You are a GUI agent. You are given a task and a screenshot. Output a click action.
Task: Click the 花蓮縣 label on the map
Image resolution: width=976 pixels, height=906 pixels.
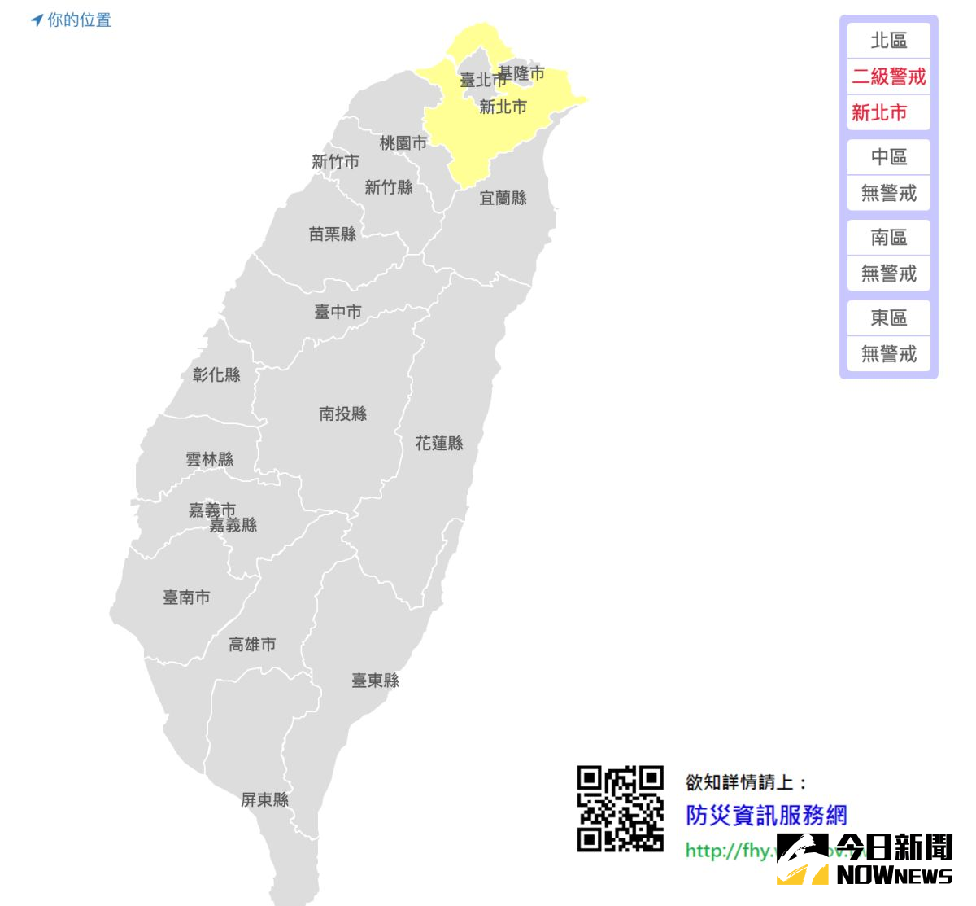tap(439, 444)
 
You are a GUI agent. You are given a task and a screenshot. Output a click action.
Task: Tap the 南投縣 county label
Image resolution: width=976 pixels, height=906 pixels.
tap(343, 414)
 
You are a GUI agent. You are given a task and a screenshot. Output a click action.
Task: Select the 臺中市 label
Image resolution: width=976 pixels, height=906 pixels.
tap(338, 312)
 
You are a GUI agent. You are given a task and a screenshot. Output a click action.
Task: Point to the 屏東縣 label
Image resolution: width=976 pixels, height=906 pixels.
tap(265, 800)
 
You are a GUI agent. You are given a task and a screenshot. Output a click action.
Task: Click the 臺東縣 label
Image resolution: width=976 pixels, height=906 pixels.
tap(376, 681)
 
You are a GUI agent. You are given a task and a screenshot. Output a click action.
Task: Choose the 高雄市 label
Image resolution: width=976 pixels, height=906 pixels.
tap(252, 645)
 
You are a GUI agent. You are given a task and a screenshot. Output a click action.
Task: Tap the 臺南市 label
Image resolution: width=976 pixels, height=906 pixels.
tap(186, 597)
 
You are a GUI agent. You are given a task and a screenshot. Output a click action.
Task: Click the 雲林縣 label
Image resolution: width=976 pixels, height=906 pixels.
tap(210, 460)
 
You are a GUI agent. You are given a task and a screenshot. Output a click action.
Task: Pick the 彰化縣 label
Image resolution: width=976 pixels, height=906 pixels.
tap(216, 375)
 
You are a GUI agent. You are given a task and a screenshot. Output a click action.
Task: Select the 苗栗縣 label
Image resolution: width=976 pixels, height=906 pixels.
tap(333, 234)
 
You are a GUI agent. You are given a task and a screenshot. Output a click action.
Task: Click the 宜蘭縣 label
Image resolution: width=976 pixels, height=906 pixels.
tap(503, 198)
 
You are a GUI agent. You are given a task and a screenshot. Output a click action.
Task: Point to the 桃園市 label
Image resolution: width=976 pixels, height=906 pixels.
tap(403, 143)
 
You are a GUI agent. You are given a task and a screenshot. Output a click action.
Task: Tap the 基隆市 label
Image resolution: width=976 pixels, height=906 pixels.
tap(522, 73)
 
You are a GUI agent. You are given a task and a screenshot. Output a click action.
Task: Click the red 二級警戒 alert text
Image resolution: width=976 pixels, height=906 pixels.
tap(889, 77)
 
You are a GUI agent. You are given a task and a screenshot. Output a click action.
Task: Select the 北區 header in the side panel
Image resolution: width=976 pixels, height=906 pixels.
tap(889, 40)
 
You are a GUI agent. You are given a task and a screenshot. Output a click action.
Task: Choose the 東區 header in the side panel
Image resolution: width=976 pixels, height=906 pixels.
tap(889, 317)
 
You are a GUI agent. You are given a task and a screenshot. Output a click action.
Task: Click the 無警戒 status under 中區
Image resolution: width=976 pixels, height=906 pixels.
tap(889, 193)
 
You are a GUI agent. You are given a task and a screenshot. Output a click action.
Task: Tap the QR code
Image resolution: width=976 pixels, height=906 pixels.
tap(621, 808)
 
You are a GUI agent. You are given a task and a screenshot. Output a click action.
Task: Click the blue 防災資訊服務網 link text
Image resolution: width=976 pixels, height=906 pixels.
tap(766, 815)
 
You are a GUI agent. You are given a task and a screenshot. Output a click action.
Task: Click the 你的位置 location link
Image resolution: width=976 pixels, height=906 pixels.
tap(72, 20)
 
